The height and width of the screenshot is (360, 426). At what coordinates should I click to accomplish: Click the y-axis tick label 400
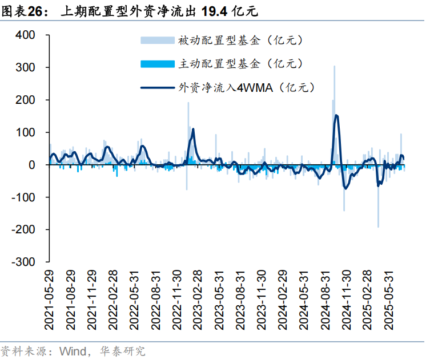26,35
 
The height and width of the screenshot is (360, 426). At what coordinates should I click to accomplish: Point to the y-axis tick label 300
26,68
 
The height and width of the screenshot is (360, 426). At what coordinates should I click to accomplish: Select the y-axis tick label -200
24,230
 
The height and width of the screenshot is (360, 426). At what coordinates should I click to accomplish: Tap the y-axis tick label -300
24,262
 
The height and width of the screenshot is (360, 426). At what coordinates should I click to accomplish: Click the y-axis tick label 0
33,165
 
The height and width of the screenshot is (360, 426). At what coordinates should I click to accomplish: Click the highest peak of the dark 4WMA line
336,116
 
